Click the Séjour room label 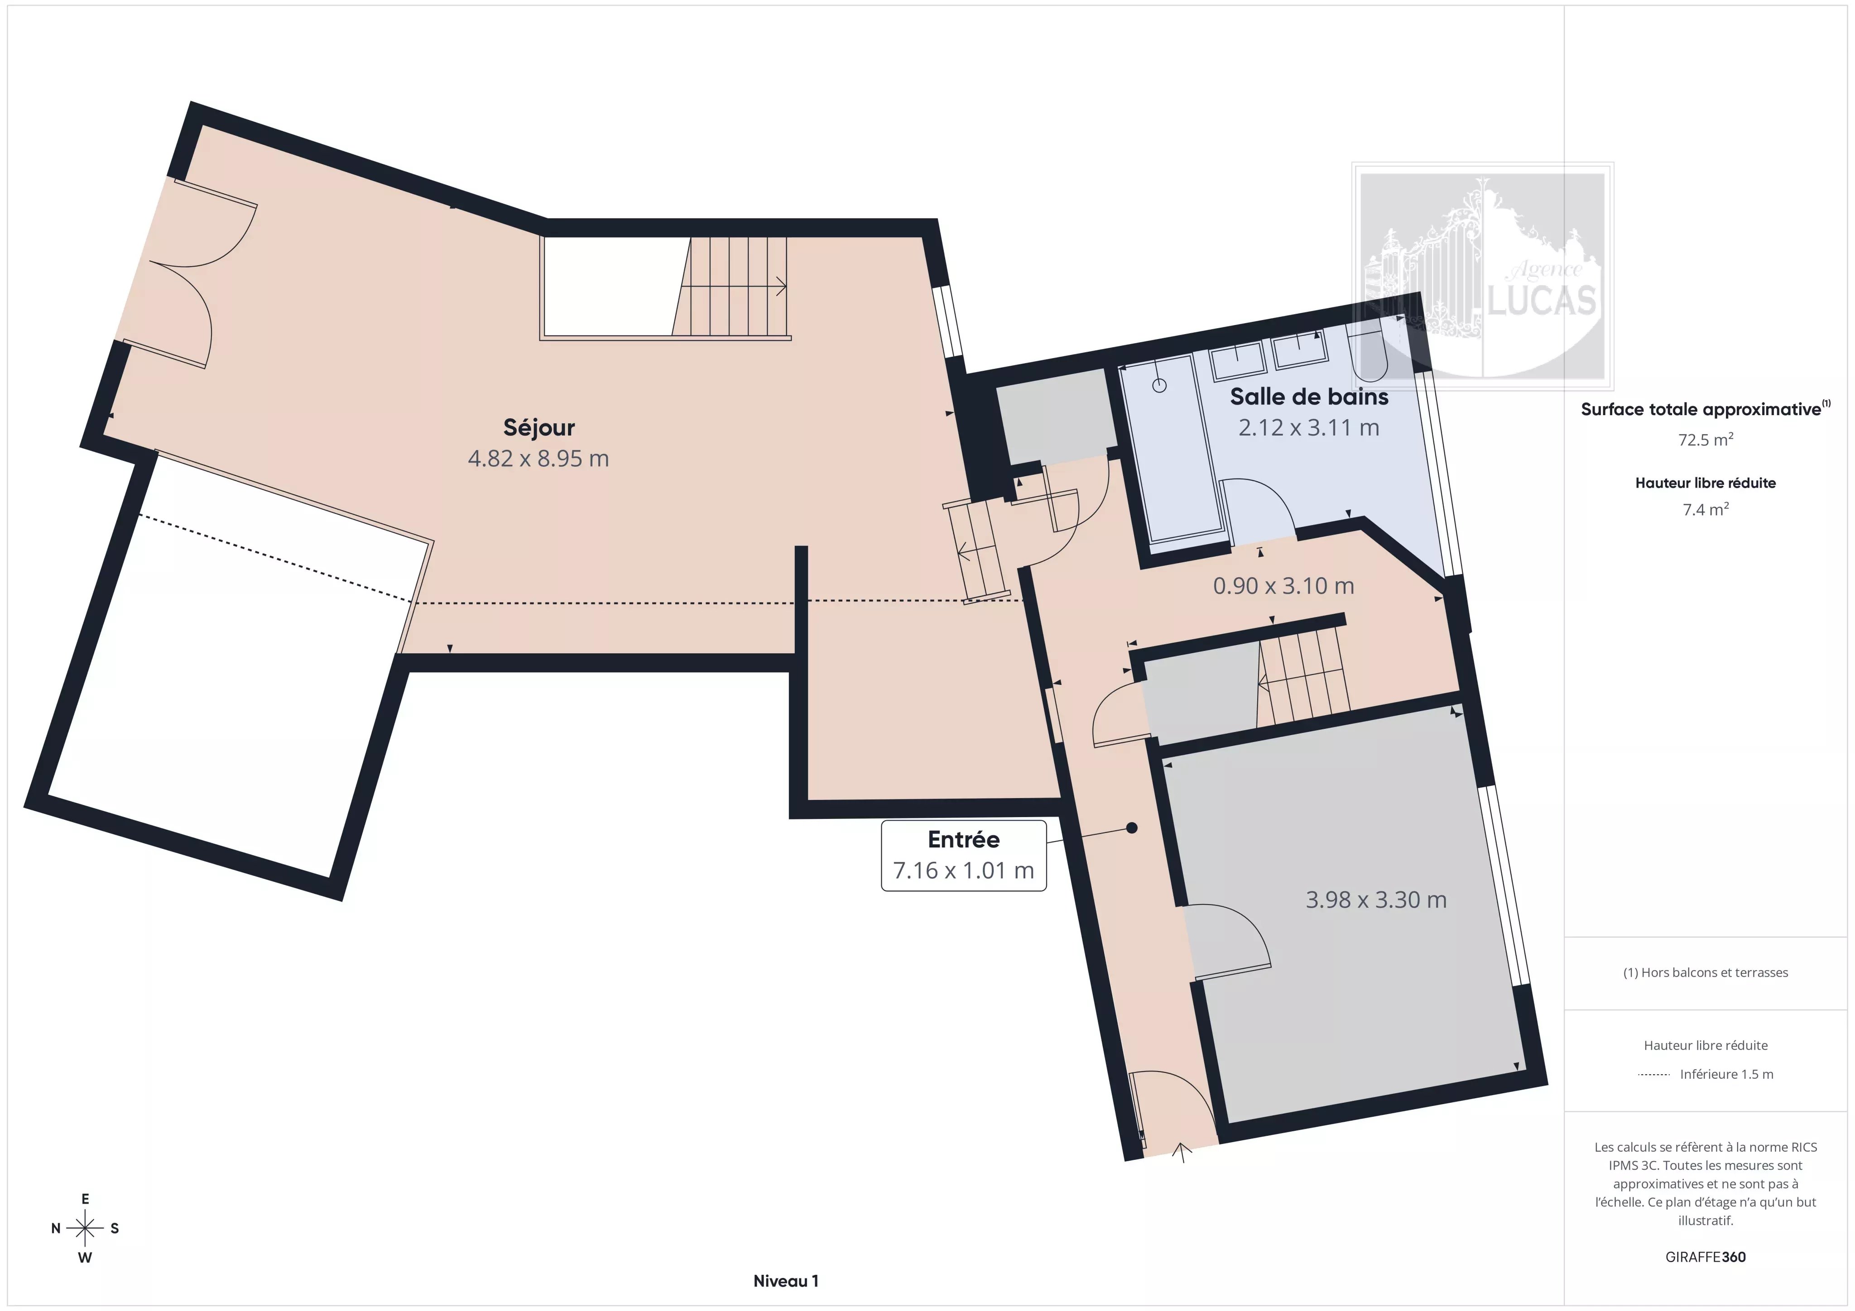[x=539, y=427]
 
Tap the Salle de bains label [x=1309, y=397]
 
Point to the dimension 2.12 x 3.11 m [x=1309, y=427]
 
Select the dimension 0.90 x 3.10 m [x=1283, y=586]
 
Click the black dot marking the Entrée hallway [x=1132, y=828]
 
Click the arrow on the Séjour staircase [x=780, y=286]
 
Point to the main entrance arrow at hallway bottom [x=1182, y=1152]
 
